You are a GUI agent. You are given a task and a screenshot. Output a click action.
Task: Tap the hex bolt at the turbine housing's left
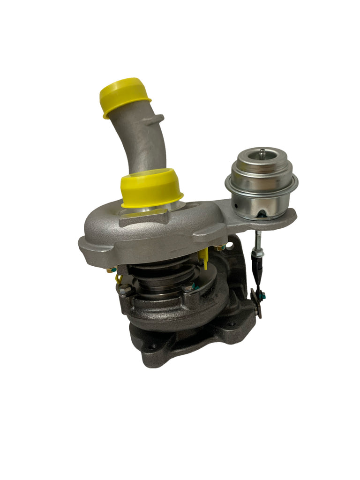pos(126,291)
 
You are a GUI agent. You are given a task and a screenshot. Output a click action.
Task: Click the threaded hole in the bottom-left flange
pos(152,347)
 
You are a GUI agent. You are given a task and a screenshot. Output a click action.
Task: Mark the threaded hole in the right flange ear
pos(232,324)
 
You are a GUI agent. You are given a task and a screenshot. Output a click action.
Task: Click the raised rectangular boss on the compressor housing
pos(143,217)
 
